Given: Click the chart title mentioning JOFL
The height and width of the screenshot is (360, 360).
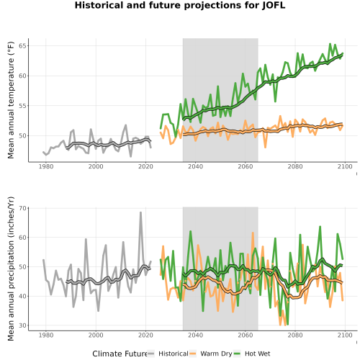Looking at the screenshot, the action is pos(180,5).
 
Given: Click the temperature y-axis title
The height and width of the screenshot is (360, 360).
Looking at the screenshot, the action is pos(11,100).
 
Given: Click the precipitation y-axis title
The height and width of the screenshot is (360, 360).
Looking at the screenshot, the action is pos(11,269).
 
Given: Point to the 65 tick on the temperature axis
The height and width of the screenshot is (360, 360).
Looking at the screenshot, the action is pos(22,45).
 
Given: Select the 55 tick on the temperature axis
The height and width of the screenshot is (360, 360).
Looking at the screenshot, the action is pos(22,106).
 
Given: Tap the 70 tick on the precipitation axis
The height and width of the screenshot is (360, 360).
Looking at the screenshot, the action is pos(22,208).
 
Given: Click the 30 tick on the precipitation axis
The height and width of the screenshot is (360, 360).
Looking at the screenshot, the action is pos(22,325).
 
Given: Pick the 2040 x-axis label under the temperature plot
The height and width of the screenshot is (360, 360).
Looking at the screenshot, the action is pos(195,166).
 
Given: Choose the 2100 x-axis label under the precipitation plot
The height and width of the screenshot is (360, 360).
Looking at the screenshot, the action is pos(345,335).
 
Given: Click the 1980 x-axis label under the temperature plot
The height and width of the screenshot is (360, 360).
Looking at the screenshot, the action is pos(46,166).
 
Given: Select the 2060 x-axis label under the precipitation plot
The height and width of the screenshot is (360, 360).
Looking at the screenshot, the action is pos(246,335).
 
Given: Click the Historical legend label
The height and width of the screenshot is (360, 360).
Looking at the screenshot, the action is pos(174,354).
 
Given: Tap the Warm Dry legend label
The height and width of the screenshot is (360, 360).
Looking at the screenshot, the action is pos(216,354).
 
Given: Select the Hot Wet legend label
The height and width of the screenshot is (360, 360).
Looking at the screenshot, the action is pos(258,354).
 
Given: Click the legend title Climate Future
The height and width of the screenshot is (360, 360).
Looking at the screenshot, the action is pos(120,354).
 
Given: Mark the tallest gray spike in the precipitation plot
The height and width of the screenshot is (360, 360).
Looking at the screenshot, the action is pos(140,212).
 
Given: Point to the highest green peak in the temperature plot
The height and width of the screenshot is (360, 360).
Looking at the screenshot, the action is pos(330,44).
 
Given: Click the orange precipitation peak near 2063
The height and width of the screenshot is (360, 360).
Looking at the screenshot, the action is pos(253,233).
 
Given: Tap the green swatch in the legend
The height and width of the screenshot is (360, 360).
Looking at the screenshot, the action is pos(237,354).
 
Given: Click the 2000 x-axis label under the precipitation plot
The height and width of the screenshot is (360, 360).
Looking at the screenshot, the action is pos(96,335).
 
